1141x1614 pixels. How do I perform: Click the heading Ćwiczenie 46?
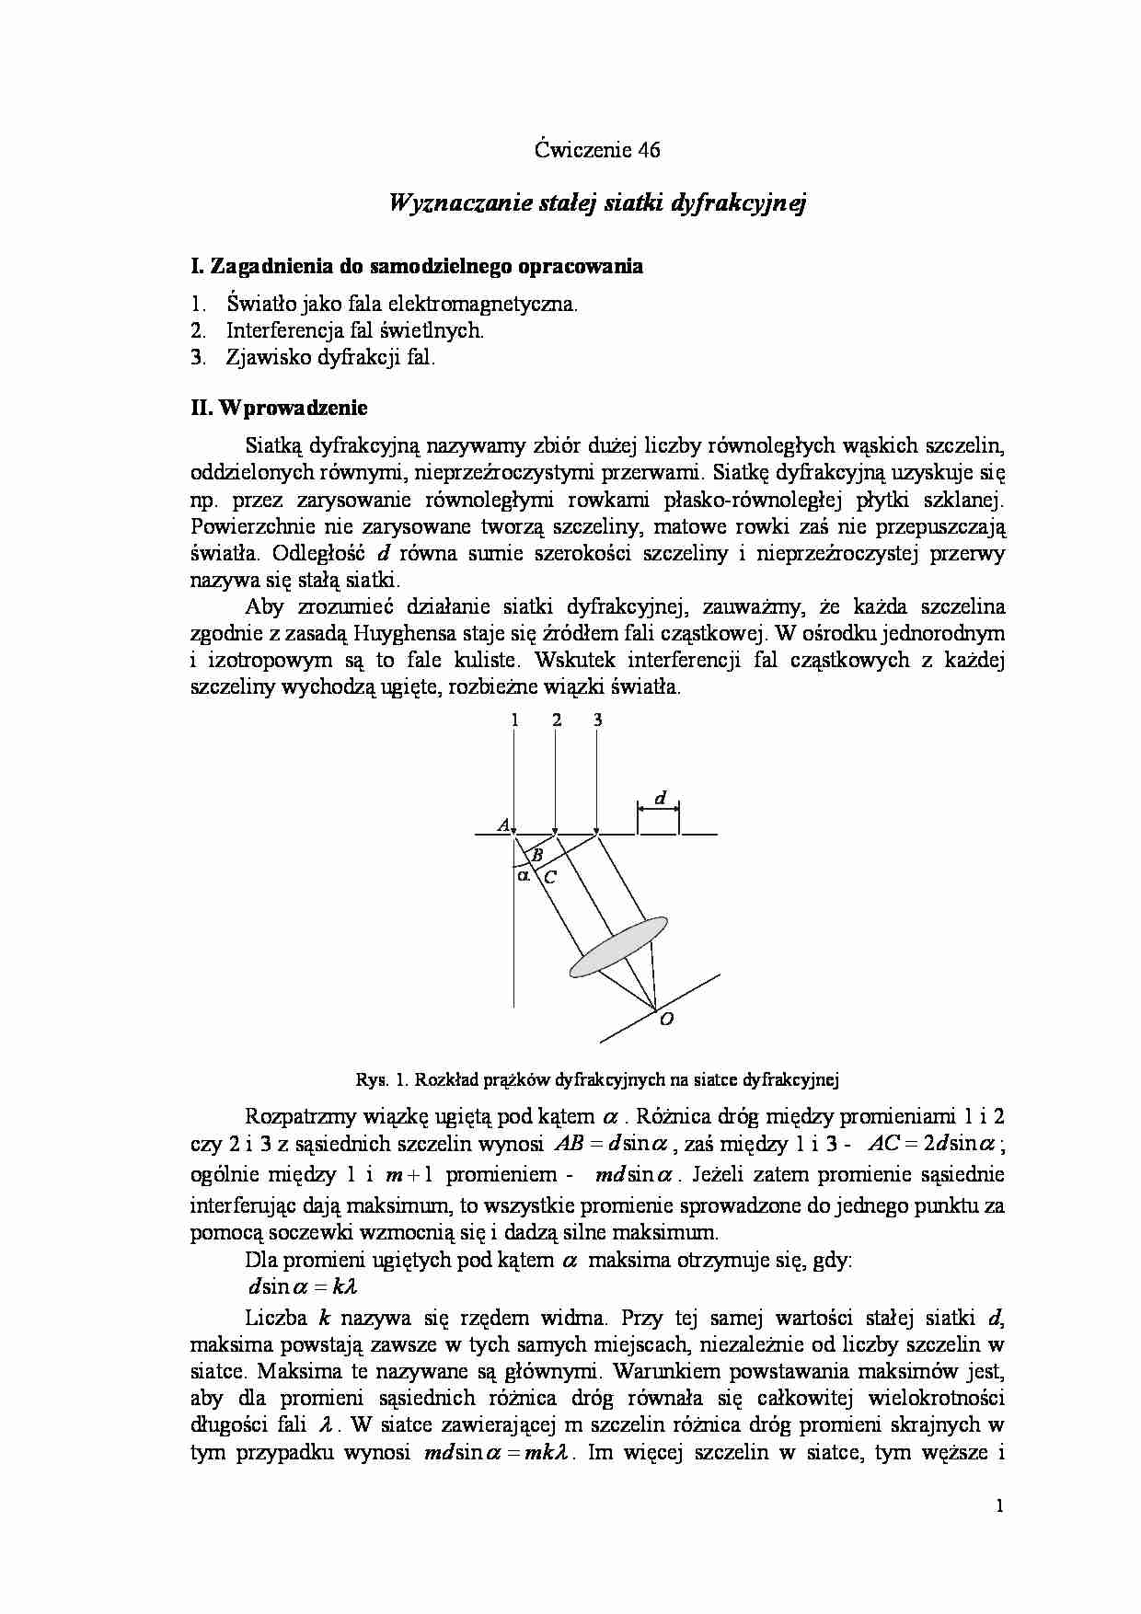[x=597, y=151]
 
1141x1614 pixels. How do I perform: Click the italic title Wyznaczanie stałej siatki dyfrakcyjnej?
[x=597, y=203]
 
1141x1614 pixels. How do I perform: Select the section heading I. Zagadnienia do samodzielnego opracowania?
[x=417, y=267]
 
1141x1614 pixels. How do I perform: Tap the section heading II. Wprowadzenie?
[x=279, y=408]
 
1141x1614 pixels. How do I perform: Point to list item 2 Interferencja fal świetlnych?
[x=354, y=331]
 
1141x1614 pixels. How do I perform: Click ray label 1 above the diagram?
[x=514, y=721]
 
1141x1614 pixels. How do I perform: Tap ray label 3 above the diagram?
[x=597, y=721]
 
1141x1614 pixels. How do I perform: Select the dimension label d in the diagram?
[x=659, y=799]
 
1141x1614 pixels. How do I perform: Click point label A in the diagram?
[x=503, y=825]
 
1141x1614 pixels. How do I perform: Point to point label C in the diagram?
[x=550, y=878]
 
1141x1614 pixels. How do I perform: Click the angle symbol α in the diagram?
[x=524, y=876]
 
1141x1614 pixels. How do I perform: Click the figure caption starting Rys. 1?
[x=597, y=1078]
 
